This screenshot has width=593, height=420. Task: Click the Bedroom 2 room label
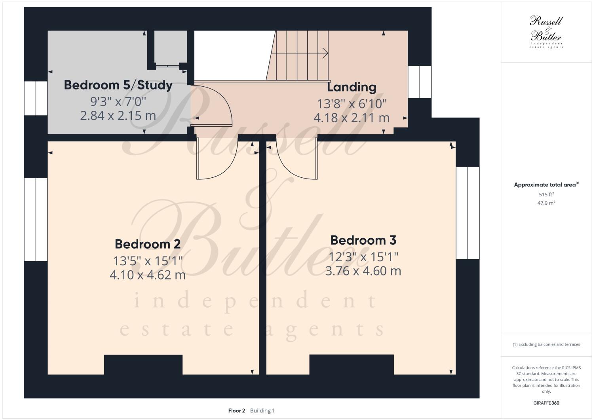[148, 244]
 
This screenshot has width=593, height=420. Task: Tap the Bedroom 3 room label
[363, 240]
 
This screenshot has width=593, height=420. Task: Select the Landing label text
[352, 87]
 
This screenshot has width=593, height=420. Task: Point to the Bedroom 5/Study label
[118, 85]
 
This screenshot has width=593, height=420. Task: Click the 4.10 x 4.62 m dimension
[148, 275]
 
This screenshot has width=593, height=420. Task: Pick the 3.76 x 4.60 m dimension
[363, 271]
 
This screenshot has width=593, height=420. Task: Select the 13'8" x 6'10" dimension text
[352, 104]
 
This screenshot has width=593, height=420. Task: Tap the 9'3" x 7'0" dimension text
[118, 101]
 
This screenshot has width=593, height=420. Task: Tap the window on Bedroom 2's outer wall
[36, 219]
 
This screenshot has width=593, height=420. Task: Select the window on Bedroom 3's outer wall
[468, 213]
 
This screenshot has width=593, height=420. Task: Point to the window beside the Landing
[419, 82]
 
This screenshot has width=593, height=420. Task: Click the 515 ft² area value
[546, 194]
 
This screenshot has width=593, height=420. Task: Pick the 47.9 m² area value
[546, 203]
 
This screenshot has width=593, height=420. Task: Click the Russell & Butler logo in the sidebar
[546, 32]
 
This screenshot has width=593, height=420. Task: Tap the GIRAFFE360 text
[546, 403]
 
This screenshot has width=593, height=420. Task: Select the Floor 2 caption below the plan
[237, 410]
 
